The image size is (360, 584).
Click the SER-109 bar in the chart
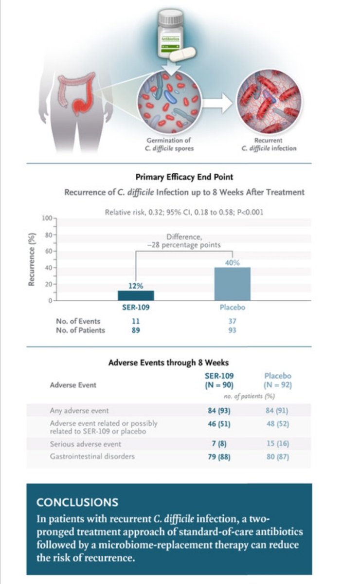136,295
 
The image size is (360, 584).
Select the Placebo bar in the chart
233,284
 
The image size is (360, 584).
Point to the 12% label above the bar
136,286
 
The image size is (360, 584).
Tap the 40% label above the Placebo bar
233,263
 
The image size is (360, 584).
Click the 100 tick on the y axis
47,218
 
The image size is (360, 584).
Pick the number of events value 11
136,321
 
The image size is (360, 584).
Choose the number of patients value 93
233,330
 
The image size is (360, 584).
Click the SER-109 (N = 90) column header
218,380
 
